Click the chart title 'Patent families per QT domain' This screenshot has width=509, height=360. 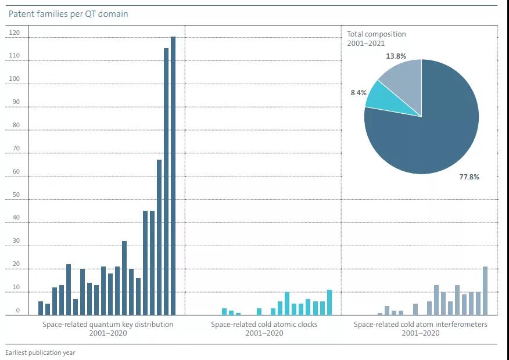pos(68,14)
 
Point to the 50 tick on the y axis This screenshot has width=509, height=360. pos(16,195)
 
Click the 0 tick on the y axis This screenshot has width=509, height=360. pos(17,311)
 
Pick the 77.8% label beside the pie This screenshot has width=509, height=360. pos(469,177)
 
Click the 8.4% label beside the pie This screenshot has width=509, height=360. pos(357,92)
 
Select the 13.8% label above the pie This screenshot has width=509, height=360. pos(396,56)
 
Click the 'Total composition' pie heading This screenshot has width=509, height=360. pos(376,34)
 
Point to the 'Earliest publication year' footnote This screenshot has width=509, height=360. pos(40,352)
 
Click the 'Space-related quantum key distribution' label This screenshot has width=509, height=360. pos(107,325)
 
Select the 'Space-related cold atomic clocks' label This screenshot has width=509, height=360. pos(264,325)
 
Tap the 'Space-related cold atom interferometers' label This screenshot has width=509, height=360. pos(420,325)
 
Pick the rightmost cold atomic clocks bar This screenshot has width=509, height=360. pos(329,302)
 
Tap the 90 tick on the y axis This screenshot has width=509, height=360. pos(16,102)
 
